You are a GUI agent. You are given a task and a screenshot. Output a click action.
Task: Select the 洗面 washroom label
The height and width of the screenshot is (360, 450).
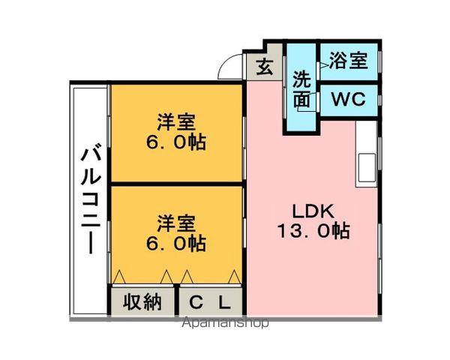[x=301, y=88]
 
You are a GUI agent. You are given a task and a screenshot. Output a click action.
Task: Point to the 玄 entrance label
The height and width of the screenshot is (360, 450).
[x=265, y=67]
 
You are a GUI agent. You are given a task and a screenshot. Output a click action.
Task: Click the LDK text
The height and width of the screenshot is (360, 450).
[x=307, y=210]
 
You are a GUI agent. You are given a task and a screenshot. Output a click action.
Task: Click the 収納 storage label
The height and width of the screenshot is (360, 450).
[x=142, y=302]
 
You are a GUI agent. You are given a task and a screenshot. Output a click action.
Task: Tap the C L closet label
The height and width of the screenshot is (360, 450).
[x=210, y=302]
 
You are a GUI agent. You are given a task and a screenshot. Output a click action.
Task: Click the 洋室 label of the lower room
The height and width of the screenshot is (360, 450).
[x=176, y=223]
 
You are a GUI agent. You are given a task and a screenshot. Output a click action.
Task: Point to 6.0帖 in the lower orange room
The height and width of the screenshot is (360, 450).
[x=178, y=244]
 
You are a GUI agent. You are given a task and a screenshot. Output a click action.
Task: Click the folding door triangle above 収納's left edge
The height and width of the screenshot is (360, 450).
[x=118, y=276]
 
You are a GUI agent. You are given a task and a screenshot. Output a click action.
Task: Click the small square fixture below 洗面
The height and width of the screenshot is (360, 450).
[x=303, y=109]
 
